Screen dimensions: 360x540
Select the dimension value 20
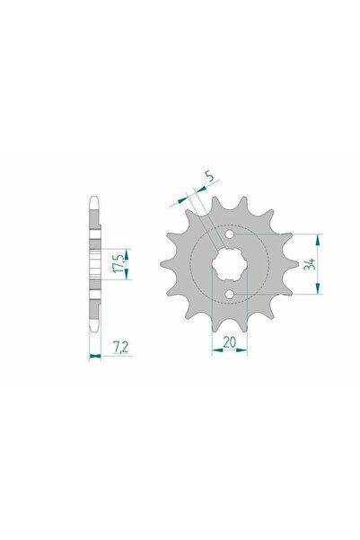coord(230,342)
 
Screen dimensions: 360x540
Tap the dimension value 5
coord(210,176)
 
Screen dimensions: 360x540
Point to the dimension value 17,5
coord(119,264)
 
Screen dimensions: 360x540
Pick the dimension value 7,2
coord(120,347)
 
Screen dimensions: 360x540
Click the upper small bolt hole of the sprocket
coord(230,235)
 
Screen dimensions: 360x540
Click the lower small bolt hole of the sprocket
coord(230,294)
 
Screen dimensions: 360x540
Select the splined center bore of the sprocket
coord(230,264)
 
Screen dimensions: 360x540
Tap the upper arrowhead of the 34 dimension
coord(319,240)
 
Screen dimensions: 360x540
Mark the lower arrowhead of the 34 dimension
coord(319,288)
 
